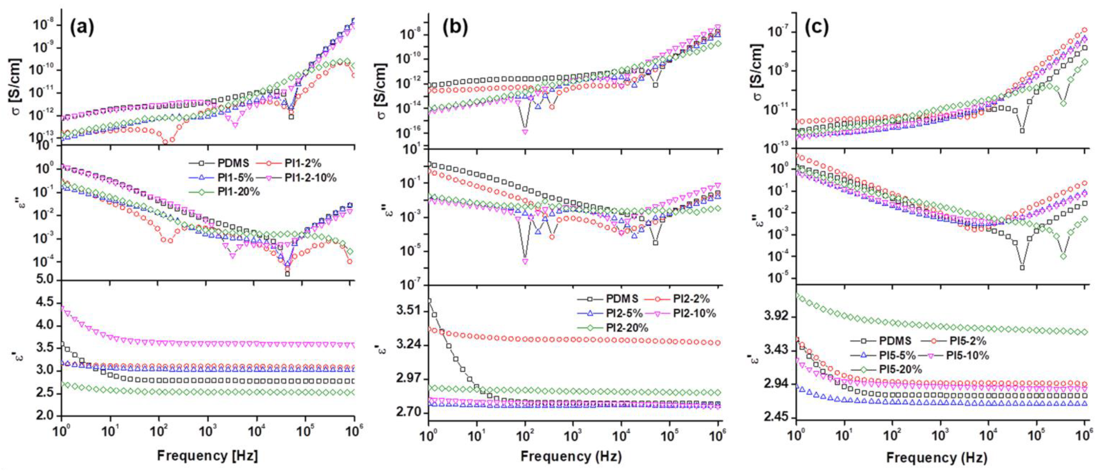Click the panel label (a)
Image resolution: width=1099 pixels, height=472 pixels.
82,28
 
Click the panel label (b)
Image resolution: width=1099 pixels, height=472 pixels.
455,28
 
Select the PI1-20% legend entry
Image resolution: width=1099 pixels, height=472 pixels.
238,192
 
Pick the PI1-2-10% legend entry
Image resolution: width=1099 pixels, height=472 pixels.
310,178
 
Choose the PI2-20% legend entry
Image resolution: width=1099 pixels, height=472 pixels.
626,328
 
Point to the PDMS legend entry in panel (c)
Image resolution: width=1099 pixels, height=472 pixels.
895,341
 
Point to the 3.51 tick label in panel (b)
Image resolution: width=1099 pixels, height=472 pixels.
407,311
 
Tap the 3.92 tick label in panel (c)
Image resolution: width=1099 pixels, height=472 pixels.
776,316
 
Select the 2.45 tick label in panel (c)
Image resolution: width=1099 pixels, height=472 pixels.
776,417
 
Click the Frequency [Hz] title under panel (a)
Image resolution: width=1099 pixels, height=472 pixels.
207,455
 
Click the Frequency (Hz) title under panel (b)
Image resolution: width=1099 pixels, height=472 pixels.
571,456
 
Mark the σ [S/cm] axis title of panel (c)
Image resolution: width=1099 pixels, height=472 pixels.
757,72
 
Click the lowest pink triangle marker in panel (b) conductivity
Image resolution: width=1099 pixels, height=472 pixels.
525,132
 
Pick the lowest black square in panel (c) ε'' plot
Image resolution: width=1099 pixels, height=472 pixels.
1022,268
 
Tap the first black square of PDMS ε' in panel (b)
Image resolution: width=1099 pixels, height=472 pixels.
429,301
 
